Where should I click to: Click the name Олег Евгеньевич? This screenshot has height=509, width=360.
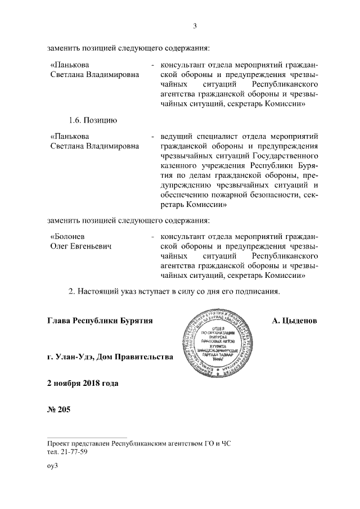click(79, 246)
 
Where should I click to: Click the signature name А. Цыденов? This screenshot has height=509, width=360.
click(294, 321)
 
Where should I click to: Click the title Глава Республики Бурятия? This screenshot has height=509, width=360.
click(100, 321)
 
